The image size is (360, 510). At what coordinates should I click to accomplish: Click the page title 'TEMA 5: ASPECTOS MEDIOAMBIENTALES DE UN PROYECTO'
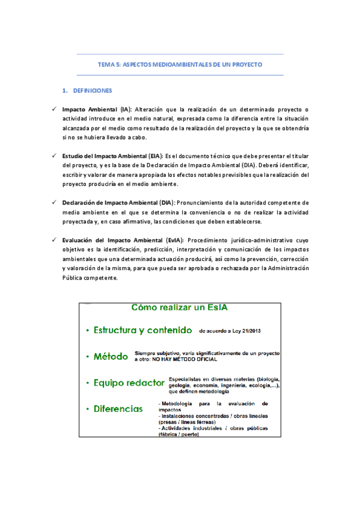180,64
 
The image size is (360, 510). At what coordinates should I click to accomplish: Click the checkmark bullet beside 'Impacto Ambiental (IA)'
53,109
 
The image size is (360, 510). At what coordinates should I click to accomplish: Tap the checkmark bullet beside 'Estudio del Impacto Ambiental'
53,156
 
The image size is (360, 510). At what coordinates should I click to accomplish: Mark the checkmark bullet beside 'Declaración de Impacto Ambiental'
53,203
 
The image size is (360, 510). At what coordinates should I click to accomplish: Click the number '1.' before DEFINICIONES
66,90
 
